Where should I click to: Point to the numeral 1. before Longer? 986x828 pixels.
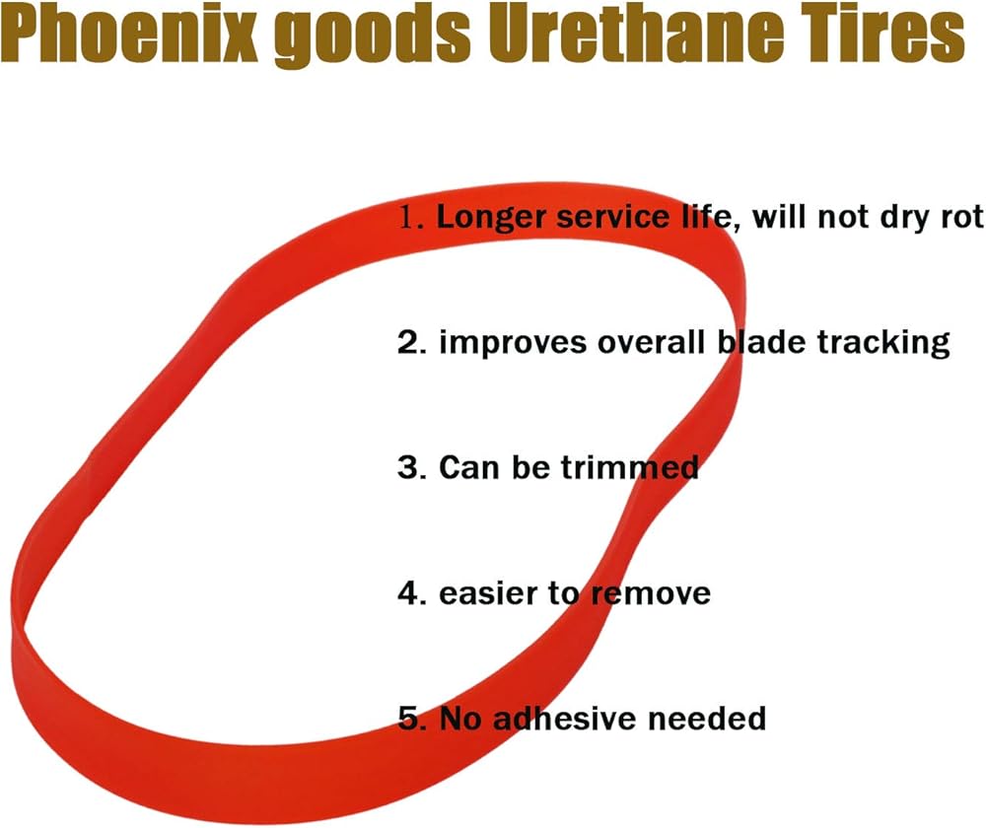tap(412, 217)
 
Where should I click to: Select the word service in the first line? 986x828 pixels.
tap(613, 218)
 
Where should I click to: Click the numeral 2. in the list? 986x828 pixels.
tap(412, 343)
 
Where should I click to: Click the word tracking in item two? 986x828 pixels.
tap(883, 344)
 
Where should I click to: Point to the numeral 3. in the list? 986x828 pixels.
tap(412, 468)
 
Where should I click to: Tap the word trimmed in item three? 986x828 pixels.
tap(629, 468)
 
